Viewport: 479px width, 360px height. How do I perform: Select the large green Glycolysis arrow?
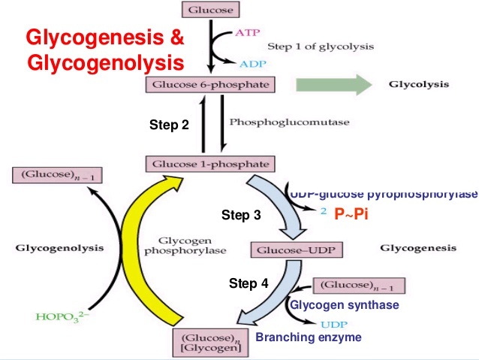pos(334,84)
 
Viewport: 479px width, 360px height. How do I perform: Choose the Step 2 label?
pos(169,126)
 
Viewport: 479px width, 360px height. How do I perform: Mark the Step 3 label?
pos(241,216)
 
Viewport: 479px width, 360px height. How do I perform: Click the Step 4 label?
pos(248,283)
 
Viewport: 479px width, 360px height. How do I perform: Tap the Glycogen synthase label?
pos(344,305)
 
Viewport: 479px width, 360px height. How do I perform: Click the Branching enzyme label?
pos(309,337)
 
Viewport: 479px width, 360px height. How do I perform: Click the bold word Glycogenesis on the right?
pos(418,247)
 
